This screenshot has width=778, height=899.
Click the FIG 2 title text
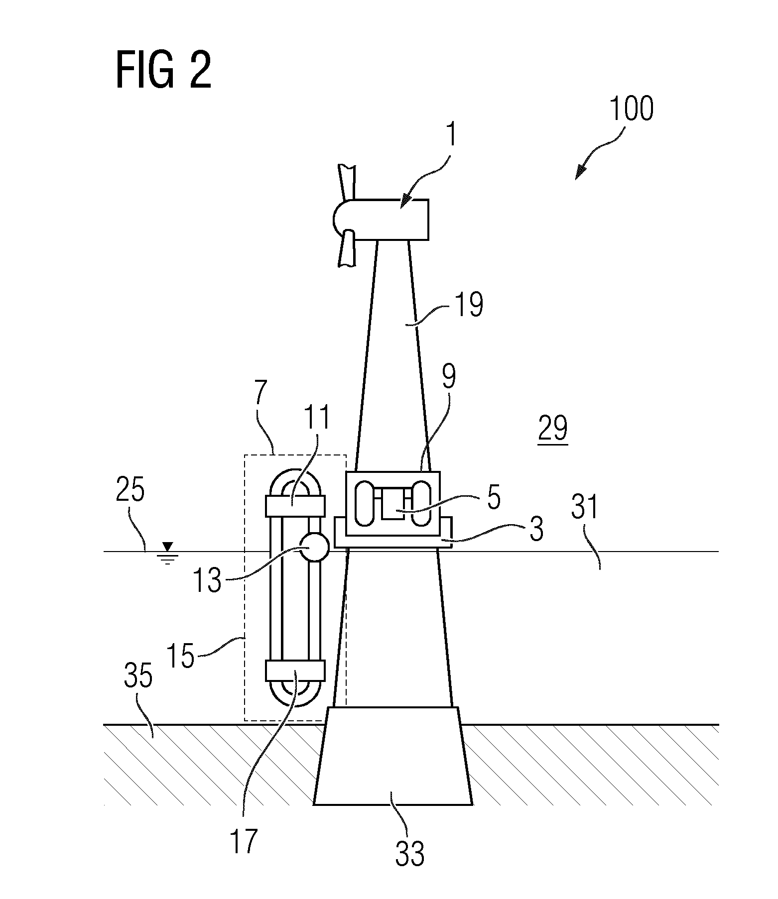click(163, 71)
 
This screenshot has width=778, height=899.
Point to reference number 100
click(631, 109)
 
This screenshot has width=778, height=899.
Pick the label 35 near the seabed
click(138, 677)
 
